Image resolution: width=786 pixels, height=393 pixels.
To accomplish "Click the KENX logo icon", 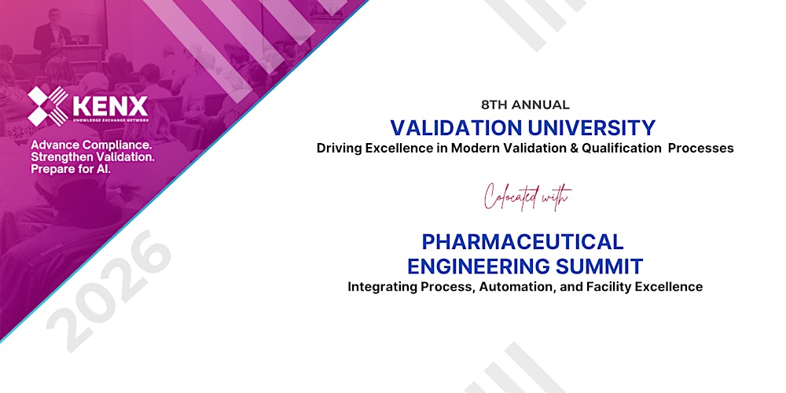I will (x=48, y=106).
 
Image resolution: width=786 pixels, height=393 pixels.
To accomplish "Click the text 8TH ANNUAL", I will (x=525, y=105).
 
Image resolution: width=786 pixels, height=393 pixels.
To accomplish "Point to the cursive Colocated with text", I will (x=526, y=196).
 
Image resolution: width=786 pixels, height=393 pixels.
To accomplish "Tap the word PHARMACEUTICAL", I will (x=523, y=241).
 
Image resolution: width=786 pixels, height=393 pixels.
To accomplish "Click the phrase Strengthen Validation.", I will (x=91, y=158).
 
